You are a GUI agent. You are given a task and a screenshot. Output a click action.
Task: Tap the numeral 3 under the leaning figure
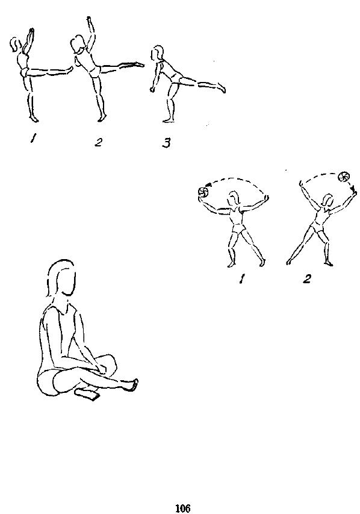(x=166, y=143)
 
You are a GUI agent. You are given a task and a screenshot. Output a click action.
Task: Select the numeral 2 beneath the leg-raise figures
(x=98, y=142)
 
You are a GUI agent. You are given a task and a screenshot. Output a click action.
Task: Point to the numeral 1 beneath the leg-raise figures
(x=33, y=139)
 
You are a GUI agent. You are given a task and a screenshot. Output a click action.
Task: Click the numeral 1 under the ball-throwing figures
(x=242, y=279)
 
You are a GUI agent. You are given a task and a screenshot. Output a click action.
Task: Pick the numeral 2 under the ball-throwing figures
(x=307, y=278)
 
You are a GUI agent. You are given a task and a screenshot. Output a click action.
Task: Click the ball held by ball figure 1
(x=202, y=192)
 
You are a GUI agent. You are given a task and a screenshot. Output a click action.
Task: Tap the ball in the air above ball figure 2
(x=344, y=177)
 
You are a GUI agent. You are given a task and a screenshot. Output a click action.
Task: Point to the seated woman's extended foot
(x=131, y=385)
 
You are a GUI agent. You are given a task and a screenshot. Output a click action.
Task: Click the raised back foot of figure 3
(x=222, y=88)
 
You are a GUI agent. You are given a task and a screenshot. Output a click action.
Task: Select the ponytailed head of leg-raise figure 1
(x=16, y=45)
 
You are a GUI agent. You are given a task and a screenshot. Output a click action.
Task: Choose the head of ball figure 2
(x=328, y=200)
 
